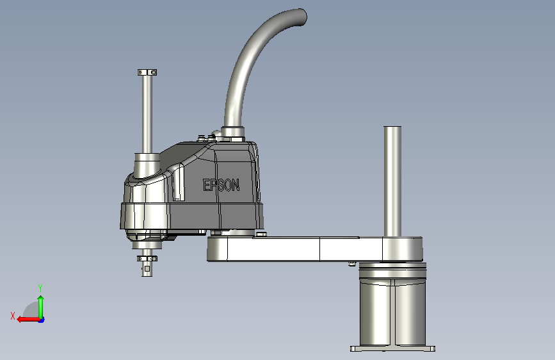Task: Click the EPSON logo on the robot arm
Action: point(221,185)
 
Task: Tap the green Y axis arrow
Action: point(41,307)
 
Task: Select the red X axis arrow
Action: point(29,320)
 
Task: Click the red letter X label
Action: point(13,316)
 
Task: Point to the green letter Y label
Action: point(40,288)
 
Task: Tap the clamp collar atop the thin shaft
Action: point(147,72)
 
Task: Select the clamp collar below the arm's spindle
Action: point(147,259)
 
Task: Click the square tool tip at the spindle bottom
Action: point(147,269)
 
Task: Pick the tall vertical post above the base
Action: point(392,181)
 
